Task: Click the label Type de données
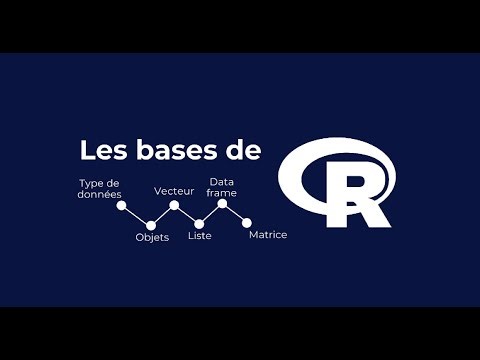pos(99,189)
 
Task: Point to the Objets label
pos(152,238)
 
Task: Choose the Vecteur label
pos(173,190)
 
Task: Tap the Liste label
pos(200,237)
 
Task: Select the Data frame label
pos(222,186)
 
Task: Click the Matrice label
pos(267,235)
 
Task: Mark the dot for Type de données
pos(121,206)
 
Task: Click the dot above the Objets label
pos(151,224)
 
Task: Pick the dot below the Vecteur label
pos(174,205)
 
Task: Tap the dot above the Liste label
pos(199,224)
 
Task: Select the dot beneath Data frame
pos(222,204)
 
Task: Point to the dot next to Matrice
pos(247,222)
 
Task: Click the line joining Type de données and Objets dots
pos(136,215)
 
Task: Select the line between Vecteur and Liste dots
pos(186,214)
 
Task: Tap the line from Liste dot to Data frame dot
pos(210,214)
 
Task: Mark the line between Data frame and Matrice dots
pos(235,213)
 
